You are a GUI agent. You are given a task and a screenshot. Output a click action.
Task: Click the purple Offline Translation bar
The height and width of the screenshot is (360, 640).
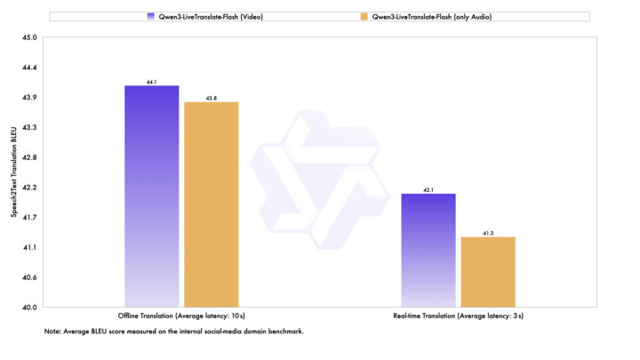point(152,196)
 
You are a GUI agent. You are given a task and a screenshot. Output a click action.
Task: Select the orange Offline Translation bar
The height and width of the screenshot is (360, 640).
point(212,204)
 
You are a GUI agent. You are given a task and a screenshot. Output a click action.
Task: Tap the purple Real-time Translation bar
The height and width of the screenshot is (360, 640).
point(428,250)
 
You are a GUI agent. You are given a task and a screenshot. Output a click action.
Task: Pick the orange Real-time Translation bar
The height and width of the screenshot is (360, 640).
point(488,271)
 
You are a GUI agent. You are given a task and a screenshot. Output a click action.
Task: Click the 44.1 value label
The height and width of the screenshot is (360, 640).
point(152,82)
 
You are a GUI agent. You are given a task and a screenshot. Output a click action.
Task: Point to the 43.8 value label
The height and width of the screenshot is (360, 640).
point(212,99)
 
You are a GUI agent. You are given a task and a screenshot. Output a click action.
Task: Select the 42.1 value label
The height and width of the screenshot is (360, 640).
point(428,189)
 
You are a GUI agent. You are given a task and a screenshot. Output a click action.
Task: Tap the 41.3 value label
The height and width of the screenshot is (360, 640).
point(488,233)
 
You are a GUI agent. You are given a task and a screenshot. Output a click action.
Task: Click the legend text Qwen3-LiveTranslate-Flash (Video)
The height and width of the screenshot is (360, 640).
point(206,17)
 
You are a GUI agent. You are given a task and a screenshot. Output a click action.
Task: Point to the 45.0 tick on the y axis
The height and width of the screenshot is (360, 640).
point(30,38)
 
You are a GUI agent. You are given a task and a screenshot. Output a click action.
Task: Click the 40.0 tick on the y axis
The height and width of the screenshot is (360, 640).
point(30,308)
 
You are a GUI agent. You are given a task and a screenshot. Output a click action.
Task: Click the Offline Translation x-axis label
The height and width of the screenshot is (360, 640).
point(181,316)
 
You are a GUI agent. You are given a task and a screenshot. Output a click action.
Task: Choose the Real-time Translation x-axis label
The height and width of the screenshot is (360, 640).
point(459,316)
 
